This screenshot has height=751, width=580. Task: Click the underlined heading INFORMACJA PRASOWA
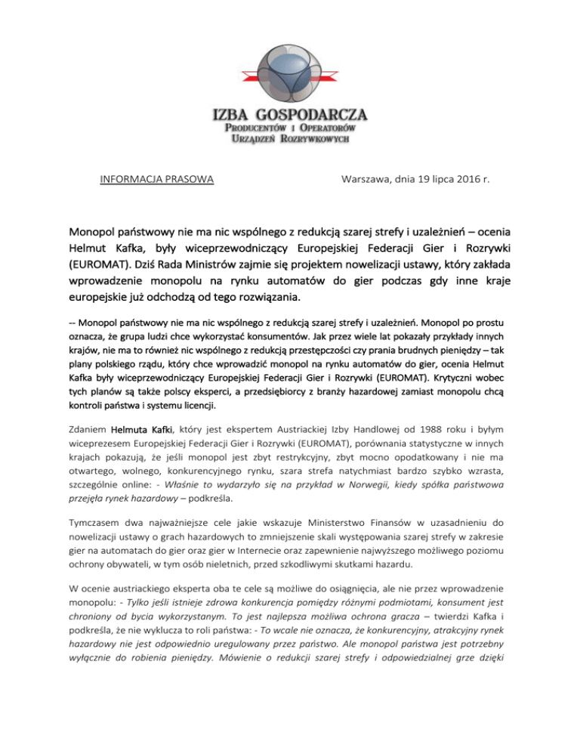156,179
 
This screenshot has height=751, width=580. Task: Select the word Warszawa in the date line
367,179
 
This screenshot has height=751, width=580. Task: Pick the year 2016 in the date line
462,179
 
